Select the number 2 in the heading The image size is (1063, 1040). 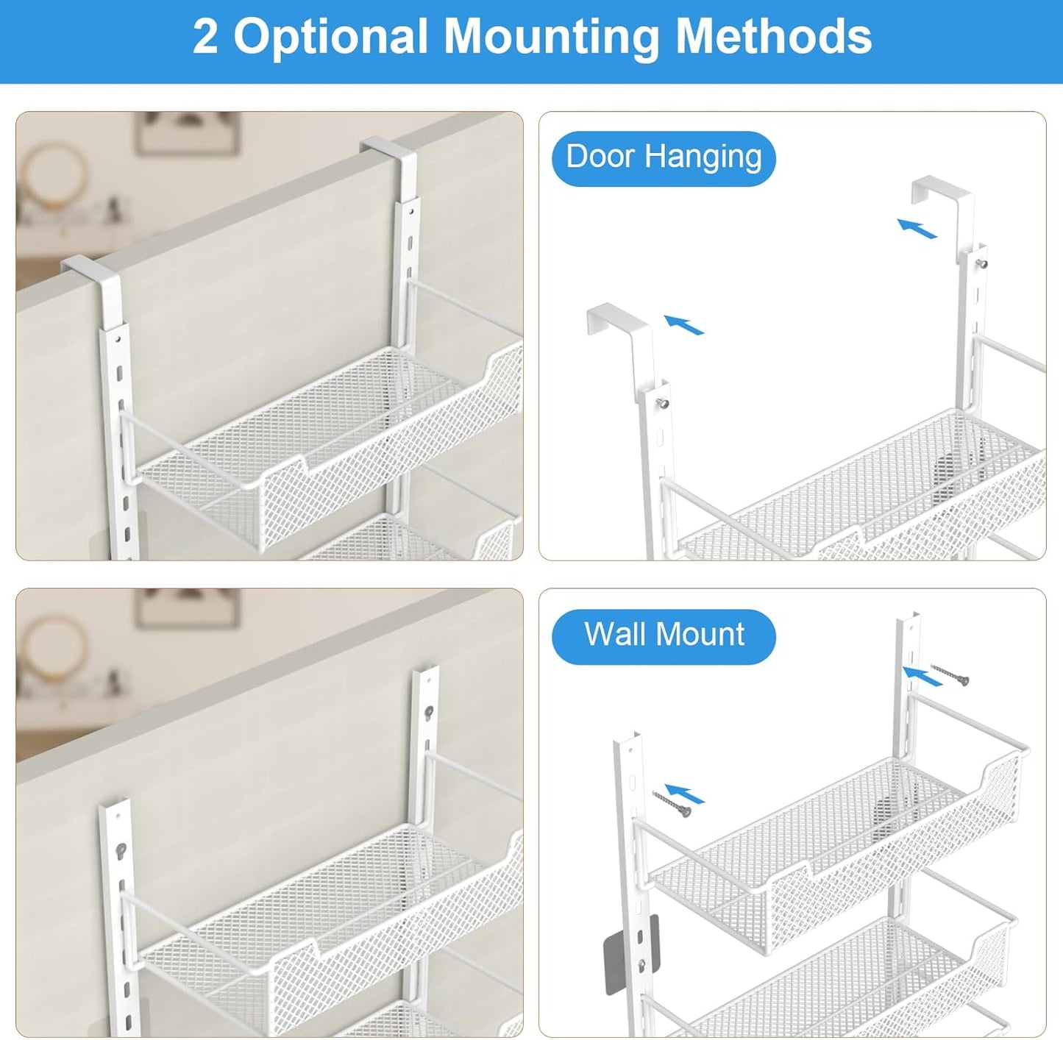[205, 37]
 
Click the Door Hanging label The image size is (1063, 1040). [664, 157]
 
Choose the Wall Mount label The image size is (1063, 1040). [664, 635]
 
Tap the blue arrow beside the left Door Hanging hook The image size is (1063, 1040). [684, 324]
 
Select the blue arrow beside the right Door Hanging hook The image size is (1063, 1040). [917, 229]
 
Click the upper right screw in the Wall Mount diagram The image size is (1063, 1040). [950, 674]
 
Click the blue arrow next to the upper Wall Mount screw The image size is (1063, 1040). [922, 676]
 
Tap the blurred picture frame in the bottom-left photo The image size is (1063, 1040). [188, 608]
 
